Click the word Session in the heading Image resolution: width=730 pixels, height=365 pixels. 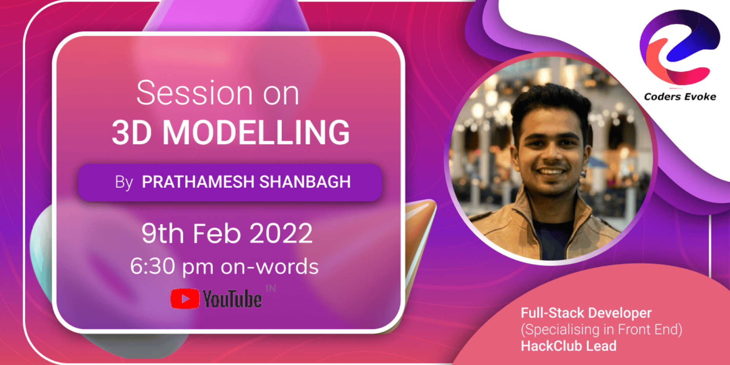click(x=194, y=93)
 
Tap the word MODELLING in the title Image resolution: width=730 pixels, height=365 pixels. click(x=256, y=132)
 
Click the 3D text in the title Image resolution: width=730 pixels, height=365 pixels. click(x=132, y=132)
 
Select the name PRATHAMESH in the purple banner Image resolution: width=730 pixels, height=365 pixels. click(x=198, y=182)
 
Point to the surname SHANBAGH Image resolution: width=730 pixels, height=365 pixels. click(x=305, y=182)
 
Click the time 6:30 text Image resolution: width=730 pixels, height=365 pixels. click(x=152, y=266)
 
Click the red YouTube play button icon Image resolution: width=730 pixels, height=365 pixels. click(x=185, y=299)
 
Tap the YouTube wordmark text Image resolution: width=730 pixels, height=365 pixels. click(x=232, y=299)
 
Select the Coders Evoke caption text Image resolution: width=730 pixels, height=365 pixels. click(x=680, y=97)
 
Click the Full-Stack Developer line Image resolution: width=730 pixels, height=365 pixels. click(x=586, y=313)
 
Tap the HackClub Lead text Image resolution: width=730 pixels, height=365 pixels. click(x=568, y=346)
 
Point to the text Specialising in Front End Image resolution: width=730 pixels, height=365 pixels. click(x=601, y=330)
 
